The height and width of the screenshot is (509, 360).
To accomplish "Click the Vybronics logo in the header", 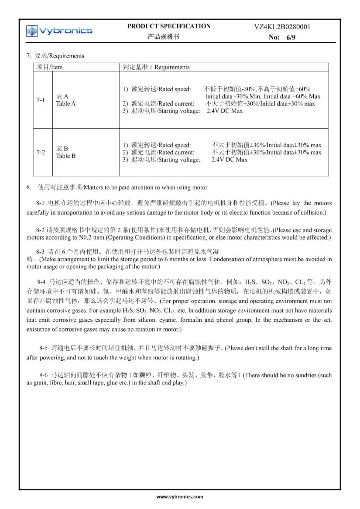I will tap(59, 31).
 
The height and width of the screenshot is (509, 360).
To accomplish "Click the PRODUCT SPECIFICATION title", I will tap(169, 26).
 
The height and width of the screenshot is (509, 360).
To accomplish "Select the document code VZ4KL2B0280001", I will tap(282, 27).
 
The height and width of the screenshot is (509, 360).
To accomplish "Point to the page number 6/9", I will tap(291, 38).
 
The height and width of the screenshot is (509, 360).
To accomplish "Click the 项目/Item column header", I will tap(50, 67).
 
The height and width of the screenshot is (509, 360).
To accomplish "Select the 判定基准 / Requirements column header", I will tap(156, 67).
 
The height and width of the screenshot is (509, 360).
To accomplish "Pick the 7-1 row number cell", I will tap(41, 100).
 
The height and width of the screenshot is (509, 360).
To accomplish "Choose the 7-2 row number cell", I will tap(41, 152).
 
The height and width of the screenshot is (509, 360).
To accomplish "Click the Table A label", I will tap(66, 104).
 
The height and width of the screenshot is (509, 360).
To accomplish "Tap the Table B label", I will tap(66, 156).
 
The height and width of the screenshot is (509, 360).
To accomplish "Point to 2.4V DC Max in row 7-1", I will tap(225, 111).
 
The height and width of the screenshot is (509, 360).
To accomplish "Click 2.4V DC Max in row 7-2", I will tap(230, 160).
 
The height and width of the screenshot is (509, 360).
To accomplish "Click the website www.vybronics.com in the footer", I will tap(180, 497).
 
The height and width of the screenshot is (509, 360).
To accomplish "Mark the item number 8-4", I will tap(42, 282).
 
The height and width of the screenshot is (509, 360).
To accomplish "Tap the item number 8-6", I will tap(43, 375).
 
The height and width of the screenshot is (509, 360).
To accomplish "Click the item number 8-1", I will tap(41, 203).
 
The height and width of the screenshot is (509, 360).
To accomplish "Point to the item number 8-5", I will tap(43, 348).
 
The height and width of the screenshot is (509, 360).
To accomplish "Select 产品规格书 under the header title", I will tap(164, 37).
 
